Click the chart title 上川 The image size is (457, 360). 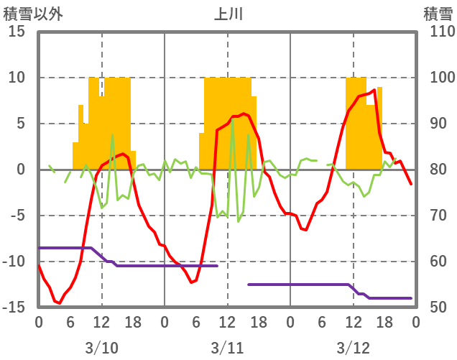click(228, 14)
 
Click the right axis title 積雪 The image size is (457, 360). click(438, 14)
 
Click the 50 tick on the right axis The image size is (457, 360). click(438, 308)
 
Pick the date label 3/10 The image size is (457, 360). click(101, 348)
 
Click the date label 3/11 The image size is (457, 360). click(227, 348)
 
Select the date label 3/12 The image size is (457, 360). click(353, 348)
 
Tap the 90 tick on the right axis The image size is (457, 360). click(438, 124)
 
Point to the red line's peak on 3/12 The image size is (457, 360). click(374, 90)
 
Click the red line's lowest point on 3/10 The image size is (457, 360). click(59, 304)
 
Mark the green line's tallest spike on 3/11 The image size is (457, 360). click(232, 119)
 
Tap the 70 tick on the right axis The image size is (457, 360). click(438, 216)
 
